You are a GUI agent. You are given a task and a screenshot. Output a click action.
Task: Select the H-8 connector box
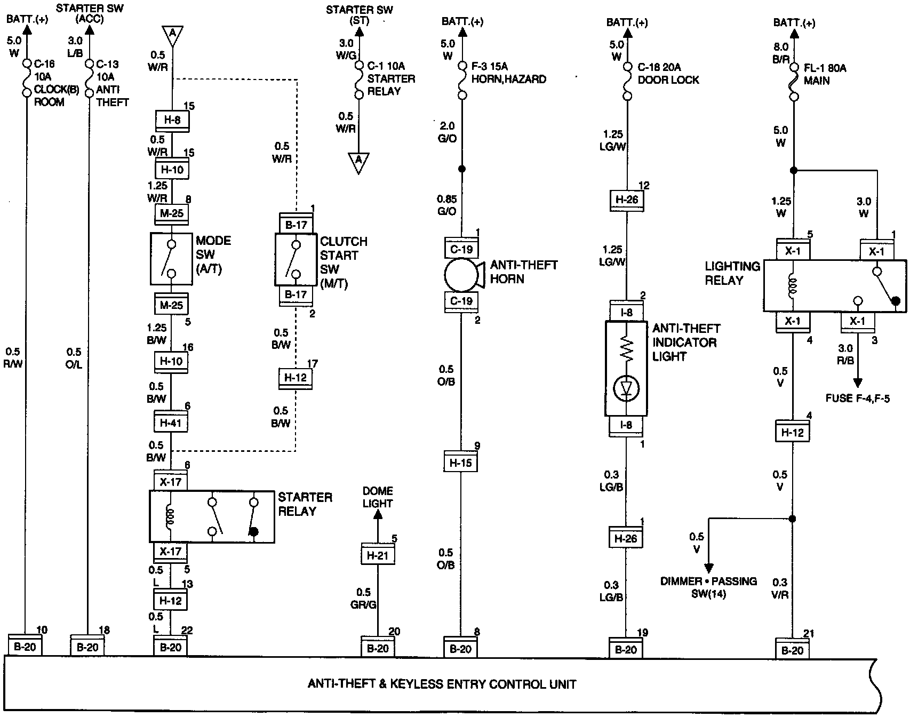(x=171, y=121)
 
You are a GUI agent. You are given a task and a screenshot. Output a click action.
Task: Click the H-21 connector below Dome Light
(x=377, y=555)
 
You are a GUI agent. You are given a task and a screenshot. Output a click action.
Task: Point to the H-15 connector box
(x=461, y=463)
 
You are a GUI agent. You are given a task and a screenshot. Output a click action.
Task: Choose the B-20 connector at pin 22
(x=171, y=647)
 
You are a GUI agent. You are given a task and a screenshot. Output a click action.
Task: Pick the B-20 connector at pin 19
(x=626, y=649)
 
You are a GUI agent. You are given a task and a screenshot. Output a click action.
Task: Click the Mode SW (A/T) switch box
(x=171, y=259)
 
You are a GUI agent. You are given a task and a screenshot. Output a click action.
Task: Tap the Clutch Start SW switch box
(x=296, y=260)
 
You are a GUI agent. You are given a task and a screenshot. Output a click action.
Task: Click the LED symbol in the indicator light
(x=626, y=389)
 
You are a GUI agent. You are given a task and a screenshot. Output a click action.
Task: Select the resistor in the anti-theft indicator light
(x=626, y=350)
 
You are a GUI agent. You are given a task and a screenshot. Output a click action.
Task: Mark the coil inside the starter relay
(x=171, y=516)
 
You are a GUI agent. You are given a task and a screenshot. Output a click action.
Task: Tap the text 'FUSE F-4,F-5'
(x=857, y=398)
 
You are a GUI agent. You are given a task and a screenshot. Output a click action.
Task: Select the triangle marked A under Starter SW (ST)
(x=358, y=161)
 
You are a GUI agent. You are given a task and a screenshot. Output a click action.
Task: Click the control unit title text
(x=442, y=684)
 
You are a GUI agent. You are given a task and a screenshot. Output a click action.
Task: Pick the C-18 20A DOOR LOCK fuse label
(x=668, y=74)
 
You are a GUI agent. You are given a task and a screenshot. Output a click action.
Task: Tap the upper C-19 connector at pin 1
(x=461, y=249)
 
